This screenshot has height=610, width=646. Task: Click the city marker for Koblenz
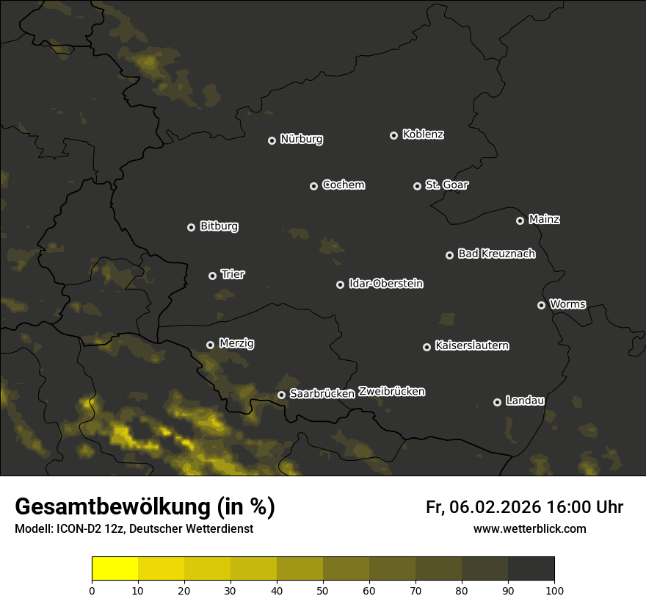tap(393, 135)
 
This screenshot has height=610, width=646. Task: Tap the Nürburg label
tap(301, 139)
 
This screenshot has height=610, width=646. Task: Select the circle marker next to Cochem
tap(313, 186)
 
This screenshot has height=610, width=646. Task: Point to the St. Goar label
tap(446, 184)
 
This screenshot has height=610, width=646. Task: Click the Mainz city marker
tap(520, 220)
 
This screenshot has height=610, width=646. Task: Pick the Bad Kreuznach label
tap(496, 254)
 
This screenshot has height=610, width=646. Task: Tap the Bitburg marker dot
tap(191, 227)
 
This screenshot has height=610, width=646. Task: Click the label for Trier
tap(232, 274)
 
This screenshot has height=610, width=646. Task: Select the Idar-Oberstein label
tap(385, 283)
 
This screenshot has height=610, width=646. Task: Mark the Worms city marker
tap(541, 305)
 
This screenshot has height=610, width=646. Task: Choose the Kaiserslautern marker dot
tap(427, 347)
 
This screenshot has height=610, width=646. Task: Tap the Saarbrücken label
tap(322, 393)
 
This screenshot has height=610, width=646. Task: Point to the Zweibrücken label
tap(391, 391)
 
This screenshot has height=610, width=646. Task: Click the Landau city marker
tap(497, 402)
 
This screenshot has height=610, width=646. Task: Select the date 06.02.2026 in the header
tap(493, 507)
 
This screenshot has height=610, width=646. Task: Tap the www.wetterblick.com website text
tap(529, 528)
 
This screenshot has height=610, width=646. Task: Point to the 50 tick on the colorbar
tap(323, 590)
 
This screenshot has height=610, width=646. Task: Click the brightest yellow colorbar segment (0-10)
tap(115, 569)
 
